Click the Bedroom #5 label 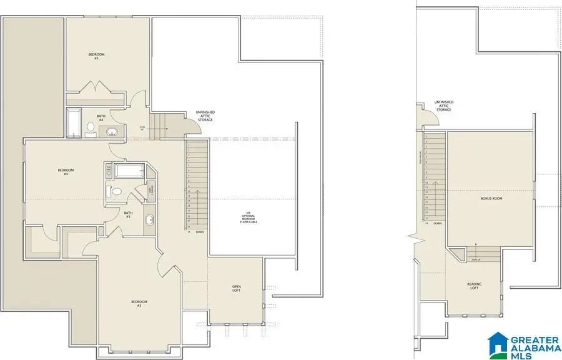[96, 56]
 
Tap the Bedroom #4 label [66, 172]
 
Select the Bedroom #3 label [139, 304]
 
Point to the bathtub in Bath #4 [74, 123]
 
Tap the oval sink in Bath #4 [112, 131]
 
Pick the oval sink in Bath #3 [150, 220]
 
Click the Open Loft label [237, 289]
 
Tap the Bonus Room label [491, 199]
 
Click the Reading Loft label [475, 286]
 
